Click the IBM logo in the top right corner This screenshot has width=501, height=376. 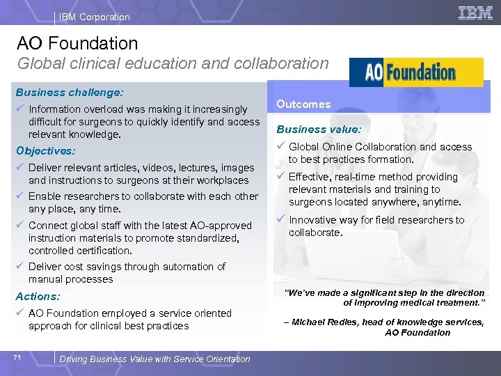[476, 13]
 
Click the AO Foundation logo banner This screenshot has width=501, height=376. [416, 72]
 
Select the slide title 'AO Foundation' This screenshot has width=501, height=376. [77, 43]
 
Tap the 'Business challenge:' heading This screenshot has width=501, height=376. [70, 92]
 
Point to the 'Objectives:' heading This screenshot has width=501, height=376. [45, 150]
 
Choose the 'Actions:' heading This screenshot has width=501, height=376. [38, 297]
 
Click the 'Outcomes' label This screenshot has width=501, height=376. [303, 104]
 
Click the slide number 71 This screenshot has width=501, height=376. [17, 358]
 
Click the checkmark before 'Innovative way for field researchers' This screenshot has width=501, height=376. [280, 219]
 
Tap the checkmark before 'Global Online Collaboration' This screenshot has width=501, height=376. [280, 146]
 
